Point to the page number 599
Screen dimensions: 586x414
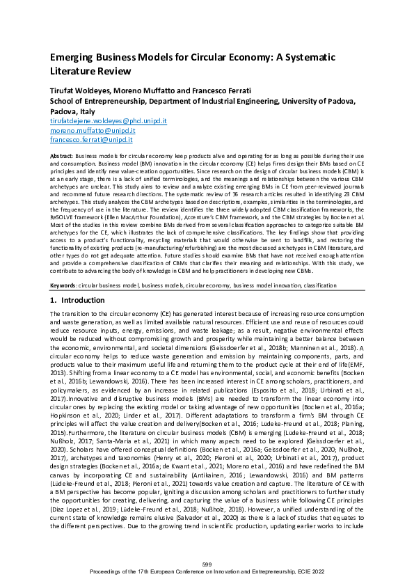[x=207, y=562]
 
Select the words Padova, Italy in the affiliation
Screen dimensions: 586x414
[x=73, y=111]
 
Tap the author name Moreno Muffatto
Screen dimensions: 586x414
[x=150, y=91]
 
